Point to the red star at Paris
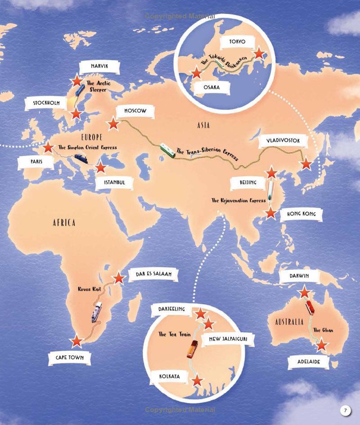(48, 148)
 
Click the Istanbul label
(114, 183)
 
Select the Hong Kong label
(298, 215)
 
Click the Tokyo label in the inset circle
(237, 42)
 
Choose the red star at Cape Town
(77, 341)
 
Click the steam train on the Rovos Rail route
(97, 312)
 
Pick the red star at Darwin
(305, 292)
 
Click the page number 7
(345, 411)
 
